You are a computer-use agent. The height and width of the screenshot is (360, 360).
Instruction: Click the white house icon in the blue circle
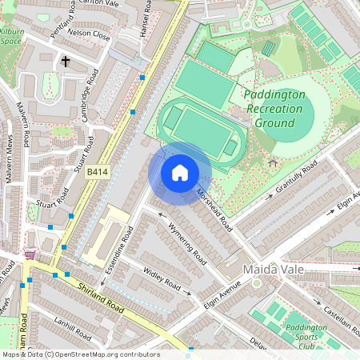tap(180, 173)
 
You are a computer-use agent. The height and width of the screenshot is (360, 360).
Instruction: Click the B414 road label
tap(98, 171)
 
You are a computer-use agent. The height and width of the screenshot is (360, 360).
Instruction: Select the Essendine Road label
tap(122, 250)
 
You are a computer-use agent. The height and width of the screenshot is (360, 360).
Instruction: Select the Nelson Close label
tap(88, 35)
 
